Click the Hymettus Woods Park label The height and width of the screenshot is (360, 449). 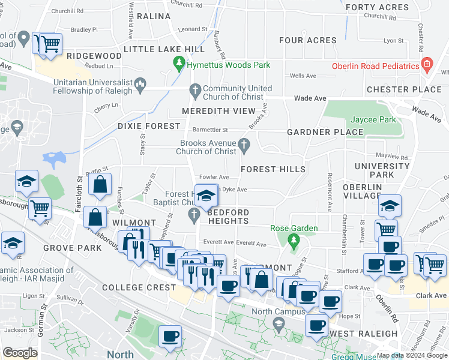228,65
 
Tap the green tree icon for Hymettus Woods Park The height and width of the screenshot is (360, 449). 178,62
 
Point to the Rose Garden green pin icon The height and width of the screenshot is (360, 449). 294,242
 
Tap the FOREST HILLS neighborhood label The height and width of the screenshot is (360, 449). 273,170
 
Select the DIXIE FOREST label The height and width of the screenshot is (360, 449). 149,126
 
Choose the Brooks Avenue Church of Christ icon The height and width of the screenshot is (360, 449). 244,144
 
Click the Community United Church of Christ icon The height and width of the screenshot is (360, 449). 194,91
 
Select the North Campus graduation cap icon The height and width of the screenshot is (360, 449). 278,325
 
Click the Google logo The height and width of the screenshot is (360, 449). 20,353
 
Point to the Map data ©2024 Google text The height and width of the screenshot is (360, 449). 412,355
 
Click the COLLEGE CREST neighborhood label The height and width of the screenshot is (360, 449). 139,287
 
